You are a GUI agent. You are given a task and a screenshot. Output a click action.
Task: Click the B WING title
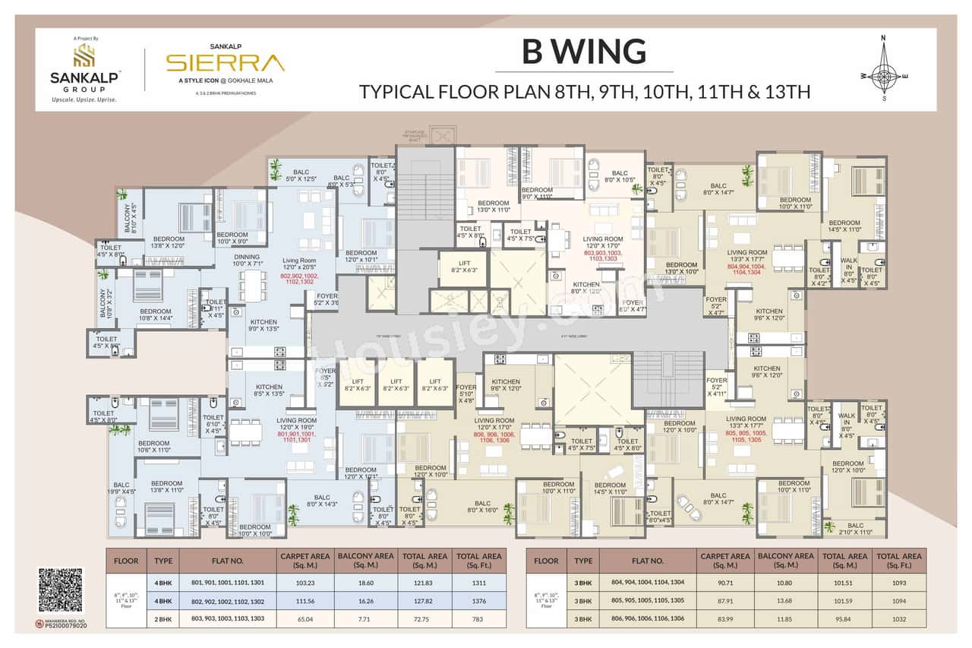pyautogui.click(x=584, y=52)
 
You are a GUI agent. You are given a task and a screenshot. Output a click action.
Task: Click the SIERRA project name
pyautogui.click(x=225, y=62)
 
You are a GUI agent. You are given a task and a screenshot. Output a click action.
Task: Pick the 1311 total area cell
pyautogui.click(x=479, y=582)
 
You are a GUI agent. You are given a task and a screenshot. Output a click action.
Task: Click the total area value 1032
pyautogui.click(x=898, y=618)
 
